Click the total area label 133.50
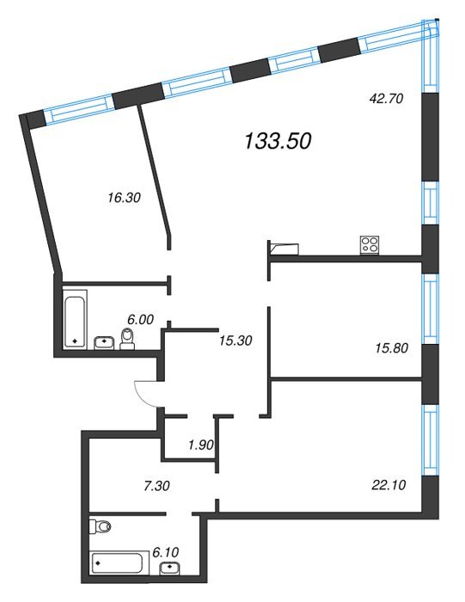pos(278,141)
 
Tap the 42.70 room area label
pos(386,99)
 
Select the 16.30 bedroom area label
pos(124,198)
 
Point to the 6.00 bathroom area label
pos(140,319)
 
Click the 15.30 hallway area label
pos(236,341)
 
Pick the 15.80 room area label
pos(391,348)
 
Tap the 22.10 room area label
pos(389,485)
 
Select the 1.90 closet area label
pos(200,445)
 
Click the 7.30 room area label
pos(156,486)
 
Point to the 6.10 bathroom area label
pos(165,552)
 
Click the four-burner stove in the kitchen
pos(370,245)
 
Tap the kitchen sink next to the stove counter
pos(285,249)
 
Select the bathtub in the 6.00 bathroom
pos(75,319)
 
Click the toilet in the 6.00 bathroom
pos(127,339)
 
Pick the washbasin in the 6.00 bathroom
pos(104,342)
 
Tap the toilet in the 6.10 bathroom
pos(100,526)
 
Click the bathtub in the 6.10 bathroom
pos(116,563)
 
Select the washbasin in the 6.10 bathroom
pos(169,569)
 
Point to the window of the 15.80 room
pos(430,309)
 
